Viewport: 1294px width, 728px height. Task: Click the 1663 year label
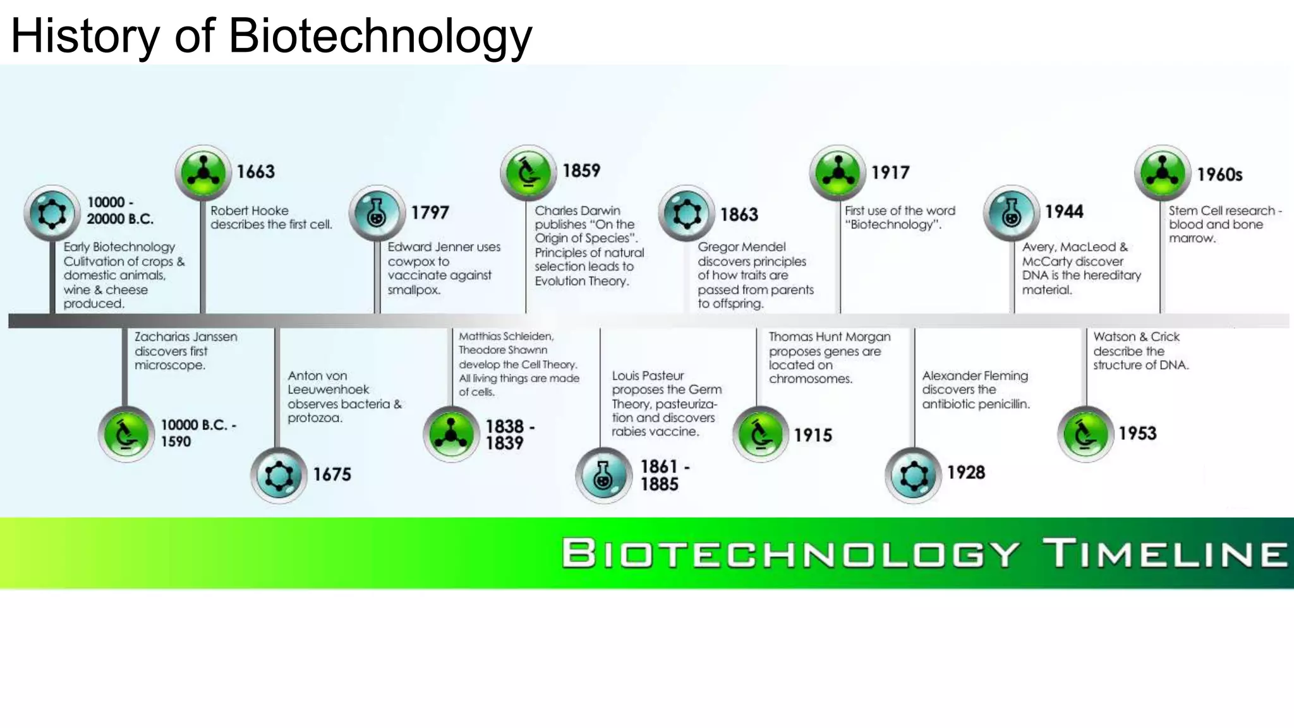click(x=255, y=172)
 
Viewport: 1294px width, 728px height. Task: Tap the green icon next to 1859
click(x=528, y=173)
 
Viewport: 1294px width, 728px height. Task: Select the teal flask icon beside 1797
click(x=377, y=213)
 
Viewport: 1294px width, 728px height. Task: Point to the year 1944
click(x=1064, y=212)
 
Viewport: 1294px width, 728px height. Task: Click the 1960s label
click(x=1219, y=174)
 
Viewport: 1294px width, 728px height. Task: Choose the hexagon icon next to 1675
click(x=279, y=475)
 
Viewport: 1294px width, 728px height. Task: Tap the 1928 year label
click(x=965, y=473)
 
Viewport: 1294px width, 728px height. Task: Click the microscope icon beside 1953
click(x=1085, y=434)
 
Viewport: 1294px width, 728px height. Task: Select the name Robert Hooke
click(x=250, y=211)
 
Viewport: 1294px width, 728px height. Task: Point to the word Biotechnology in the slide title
click(x=380, y=35)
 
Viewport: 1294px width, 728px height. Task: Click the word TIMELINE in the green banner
click(x=1164, y=554)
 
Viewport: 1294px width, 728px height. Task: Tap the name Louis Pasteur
click(x=648, y=376)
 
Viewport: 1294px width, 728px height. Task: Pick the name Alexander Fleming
click(x=975, y=376)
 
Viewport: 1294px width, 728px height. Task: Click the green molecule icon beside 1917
click(x=837, y=173)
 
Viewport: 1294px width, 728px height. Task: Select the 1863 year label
click(x=739, y=215)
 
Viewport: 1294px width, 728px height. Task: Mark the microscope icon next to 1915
click(x=760, y=434)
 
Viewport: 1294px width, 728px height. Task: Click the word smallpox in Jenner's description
click(x=414, y=290)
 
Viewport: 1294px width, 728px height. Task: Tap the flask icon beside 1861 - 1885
click(x=603, y=475)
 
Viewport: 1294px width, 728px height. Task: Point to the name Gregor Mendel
click(x=741, y=247)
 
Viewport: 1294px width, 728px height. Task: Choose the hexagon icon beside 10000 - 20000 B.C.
click(x=52, y=213)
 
